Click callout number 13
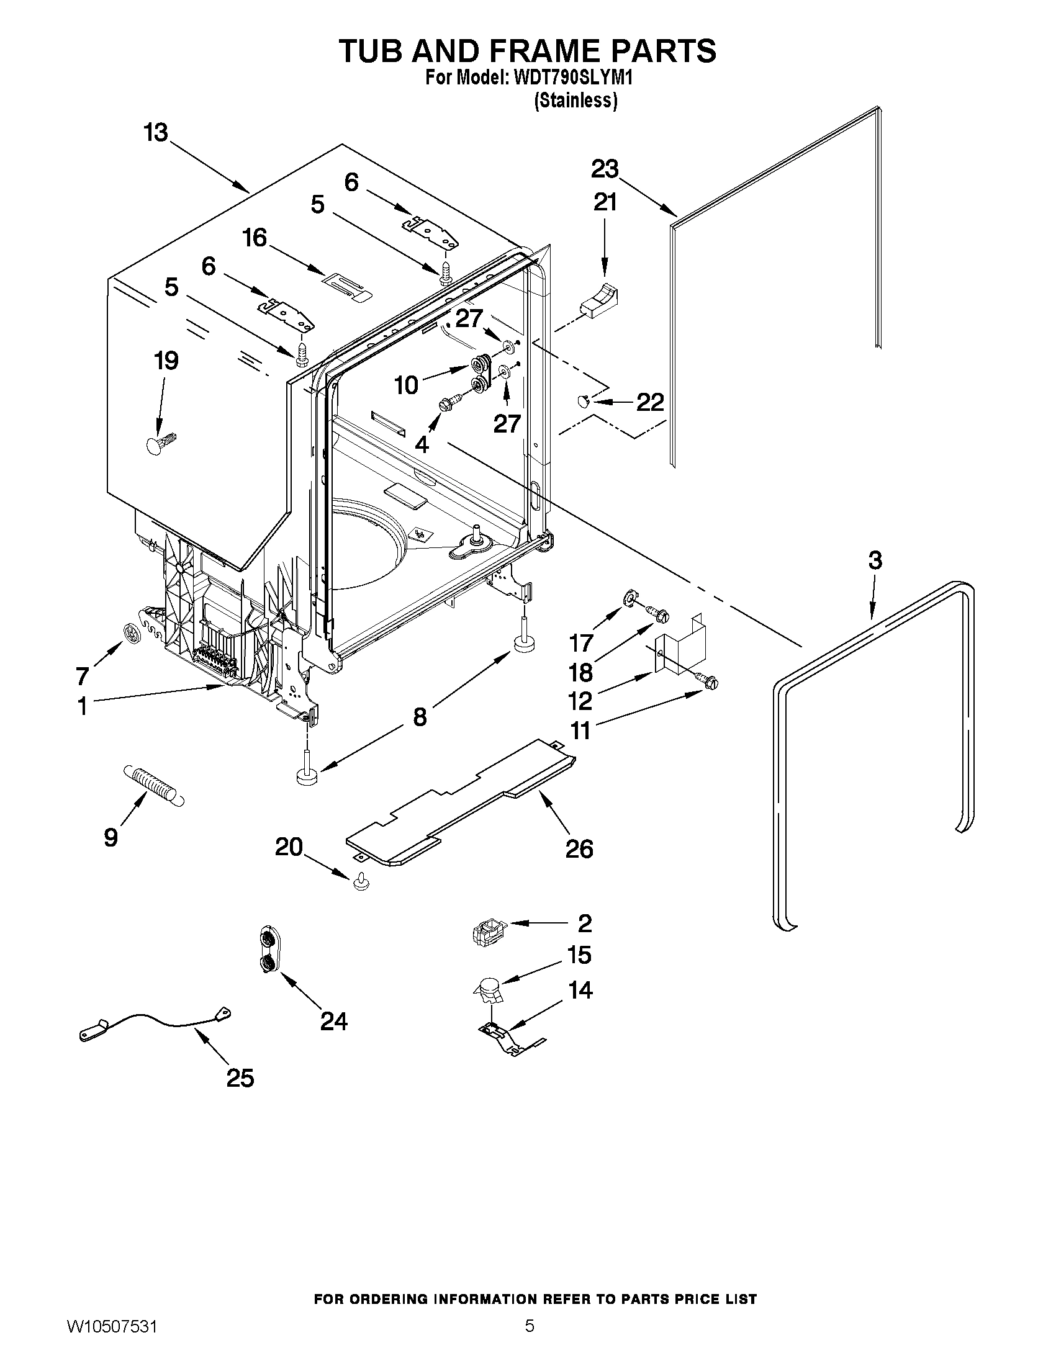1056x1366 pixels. tap(156, 133)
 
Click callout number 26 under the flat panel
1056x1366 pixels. tap(579, 849)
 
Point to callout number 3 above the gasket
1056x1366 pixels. tap(875, 560)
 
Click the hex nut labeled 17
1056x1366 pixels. tap(629, 599)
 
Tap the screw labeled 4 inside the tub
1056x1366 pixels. tap(449, 400)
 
